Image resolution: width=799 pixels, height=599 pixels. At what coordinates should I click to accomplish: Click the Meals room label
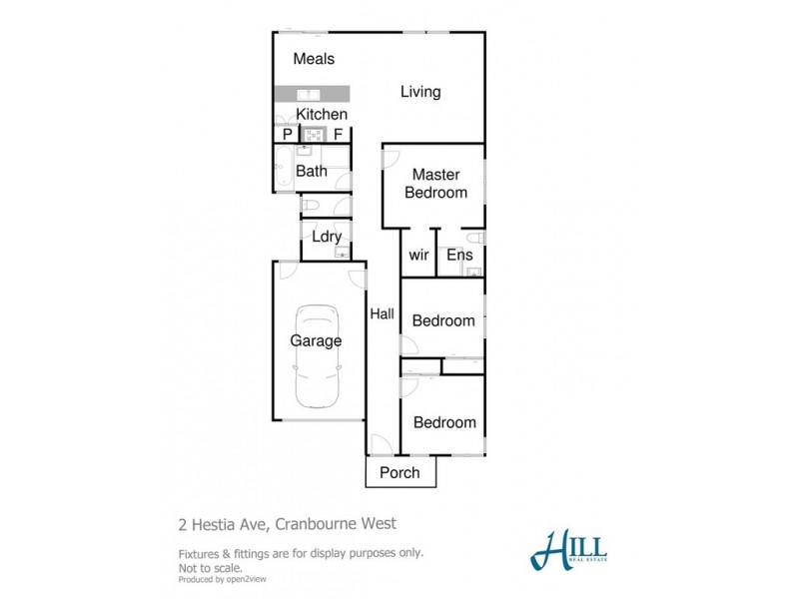tap(314, 60)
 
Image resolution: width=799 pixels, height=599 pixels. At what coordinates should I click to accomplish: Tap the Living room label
tap(420, 93)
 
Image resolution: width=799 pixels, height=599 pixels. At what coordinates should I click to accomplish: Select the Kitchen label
tap(322, 115)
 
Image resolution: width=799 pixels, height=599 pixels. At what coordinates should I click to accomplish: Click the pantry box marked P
tap(287, 134)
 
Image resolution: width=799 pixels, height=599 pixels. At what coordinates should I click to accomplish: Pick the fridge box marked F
tap(339, 134)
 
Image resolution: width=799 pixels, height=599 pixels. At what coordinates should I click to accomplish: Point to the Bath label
tap(311, 171)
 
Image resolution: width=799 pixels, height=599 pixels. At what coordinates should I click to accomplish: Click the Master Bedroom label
tap(435, 184)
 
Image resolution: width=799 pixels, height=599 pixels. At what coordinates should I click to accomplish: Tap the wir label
tap(419, 256)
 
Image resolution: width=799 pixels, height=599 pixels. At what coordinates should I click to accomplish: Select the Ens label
tap(459, 256)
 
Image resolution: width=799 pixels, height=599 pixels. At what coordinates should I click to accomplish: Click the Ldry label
tap(327, 238)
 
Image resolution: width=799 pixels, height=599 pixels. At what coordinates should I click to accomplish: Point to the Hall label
tap(383, 313)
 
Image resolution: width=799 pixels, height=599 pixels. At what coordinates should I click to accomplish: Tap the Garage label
tap(316, 341)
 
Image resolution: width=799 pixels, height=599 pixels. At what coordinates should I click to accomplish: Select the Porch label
tap(399, 473)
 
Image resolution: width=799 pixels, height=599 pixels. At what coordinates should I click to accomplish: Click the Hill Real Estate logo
tap(569, 550)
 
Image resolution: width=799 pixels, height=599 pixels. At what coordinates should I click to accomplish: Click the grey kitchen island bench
tap(313, 94)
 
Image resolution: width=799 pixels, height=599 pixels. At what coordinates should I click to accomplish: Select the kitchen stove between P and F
tap(313, 135)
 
